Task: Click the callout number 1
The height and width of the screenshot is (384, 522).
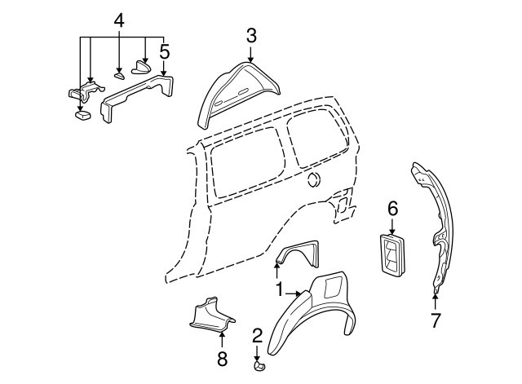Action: pos(279,289)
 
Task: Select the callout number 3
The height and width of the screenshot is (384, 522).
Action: pos(250,35)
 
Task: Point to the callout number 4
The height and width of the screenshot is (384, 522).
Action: pos(119,19)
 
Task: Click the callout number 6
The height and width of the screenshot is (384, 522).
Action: pos(392,210)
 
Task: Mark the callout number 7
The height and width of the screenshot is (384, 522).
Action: pos(435,320)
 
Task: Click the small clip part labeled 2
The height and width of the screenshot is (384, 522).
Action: pos(259,366)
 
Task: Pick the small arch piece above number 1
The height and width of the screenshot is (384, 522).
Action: pos(299,252)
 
